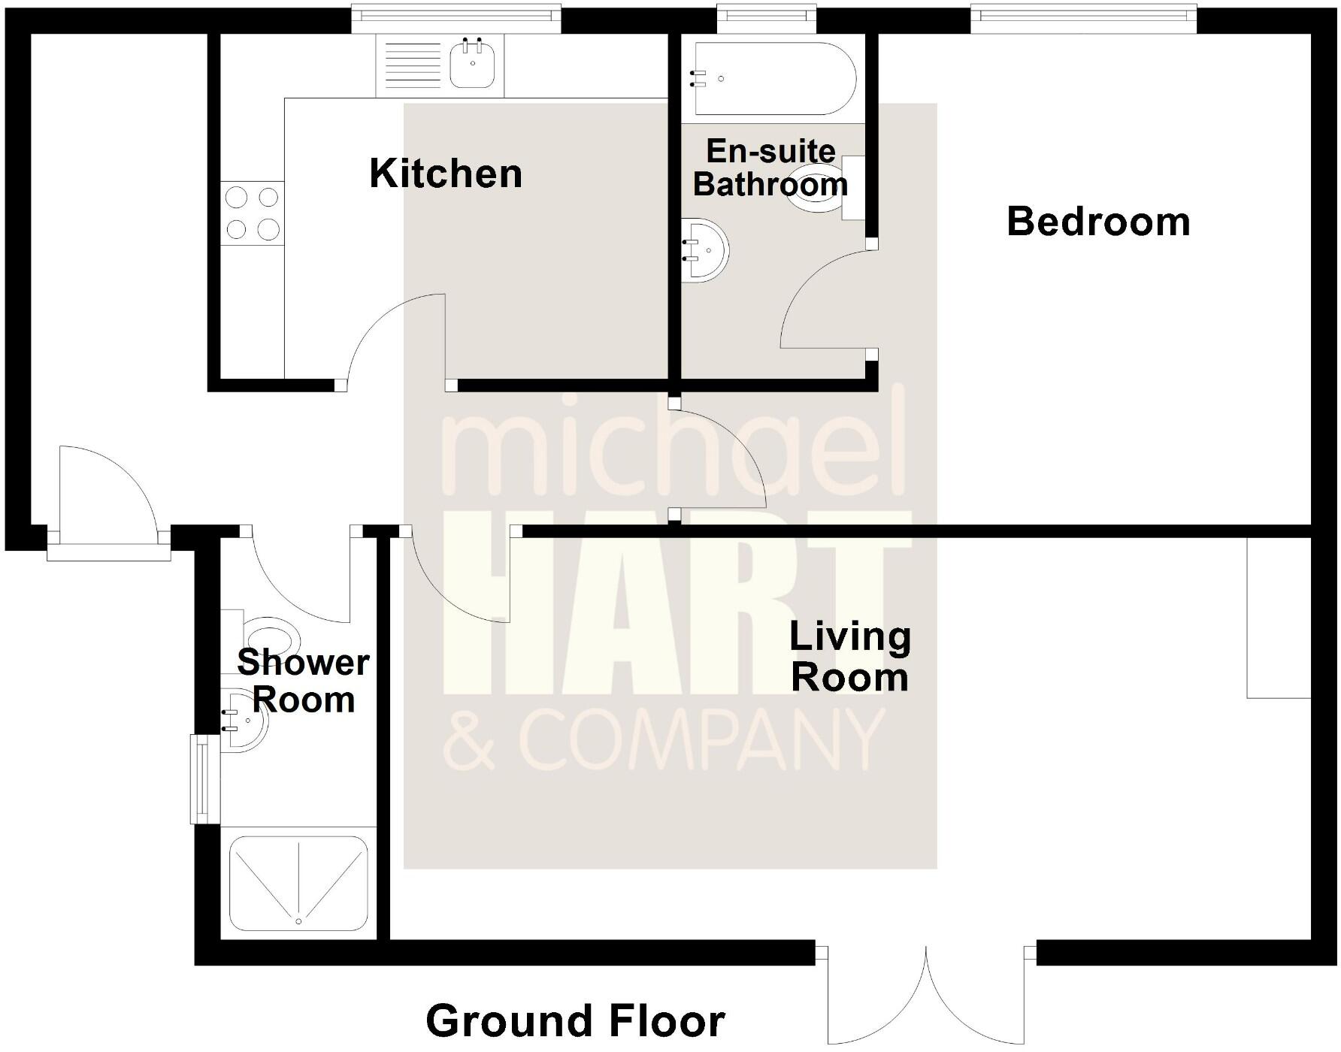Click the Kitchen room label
[x=446, y=174]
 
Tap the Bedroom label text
[x=1098, y=222]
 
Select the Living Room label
[x=849, y=657]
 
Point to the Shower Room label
[x=303, y=681]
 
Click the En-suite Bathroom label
[x=770, y=168]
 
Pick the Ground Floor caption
[x=575, y=1020]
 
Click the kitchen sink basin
[x=472, y=65]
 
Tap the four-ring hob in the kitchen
[x=253, y=213]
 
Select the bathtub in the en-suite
[x=774, y=78]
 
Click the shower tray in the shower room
[x=298, y=884]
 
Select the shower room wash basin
[x=247, y=721]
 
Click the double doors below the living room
[x=926, y=992]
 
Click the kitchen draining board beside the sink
[x=413, y=65]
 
